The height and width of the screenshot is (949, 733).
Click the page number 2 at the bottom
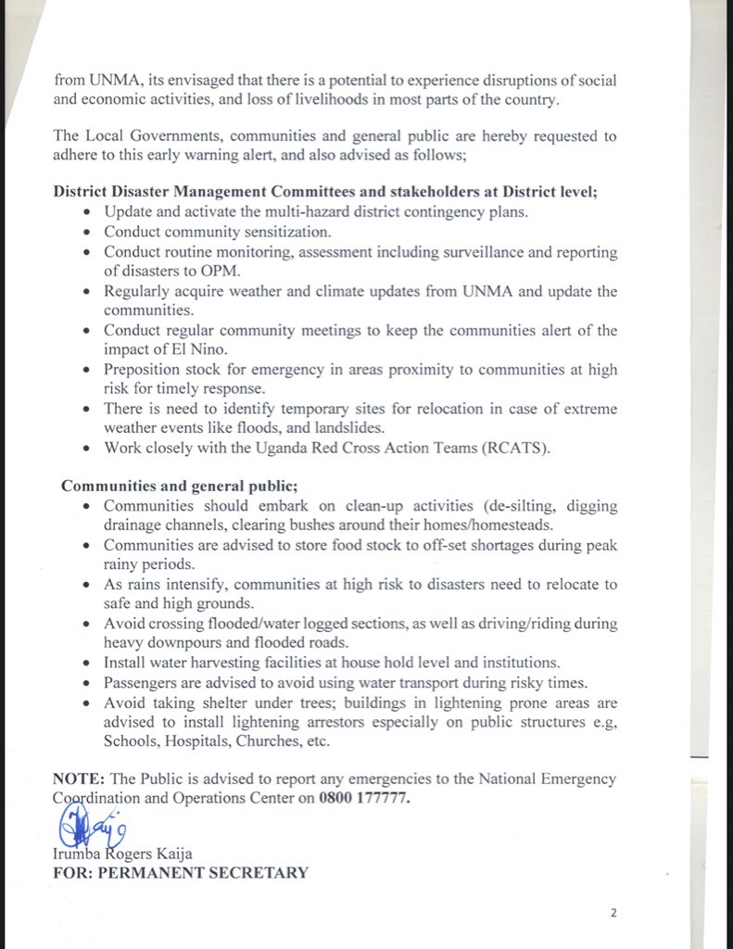click(613, 913)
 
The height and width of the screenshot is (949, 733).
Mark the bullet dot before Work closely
click(86, 449)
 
